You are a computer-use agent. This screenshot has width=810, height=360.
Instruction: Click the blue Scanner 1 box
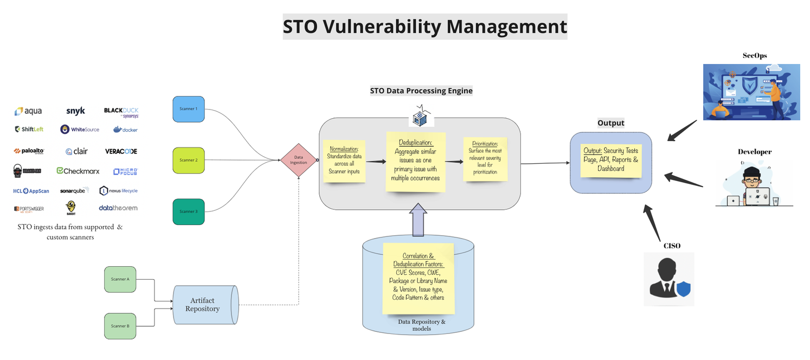pos(189,109)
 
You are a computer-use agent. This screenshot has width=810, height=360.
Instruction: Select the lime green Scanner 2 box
pos(189,160)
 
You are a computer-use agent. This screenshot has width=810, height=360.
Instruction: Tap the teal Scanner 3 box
pos(189,211)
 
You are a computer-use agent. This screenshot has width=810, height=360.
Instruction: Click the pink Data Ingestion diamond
pos(298,160)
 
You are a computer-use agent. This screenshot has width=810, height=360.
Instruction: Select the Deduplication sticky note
pos(415,161)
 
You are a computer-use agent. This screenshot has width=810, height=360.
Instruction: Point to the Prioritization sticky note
pos(485,158)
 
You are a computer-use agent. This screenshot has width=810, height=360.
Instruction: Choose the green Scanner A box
pos(120,279)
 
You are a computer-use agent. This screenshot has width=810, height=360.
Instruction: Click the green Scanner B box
pos(120,326)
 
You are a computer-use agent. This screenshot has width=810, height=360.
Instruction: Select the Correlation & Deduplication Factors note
pos(418,278)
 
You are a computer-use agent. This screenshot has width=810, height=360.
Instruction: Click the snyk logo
pos(75,111)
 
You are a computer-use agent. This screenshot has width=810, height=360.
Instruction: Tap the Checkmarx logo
pos(78,171)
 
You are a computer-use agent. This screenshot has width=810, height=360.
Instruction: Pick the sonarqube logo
pos(73,191)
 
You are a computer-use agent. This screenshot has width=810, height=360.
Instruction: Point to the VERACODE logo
pos(121,151)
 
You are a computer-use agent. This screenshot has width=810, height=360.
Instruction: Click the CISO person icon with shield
pos(669,279)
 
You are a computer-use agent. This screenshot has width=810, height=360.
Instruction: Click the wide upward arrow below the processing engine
pos(418,220)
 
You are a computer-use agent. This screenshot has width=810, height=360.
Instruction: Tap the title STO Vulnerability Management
pos(425,27)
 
